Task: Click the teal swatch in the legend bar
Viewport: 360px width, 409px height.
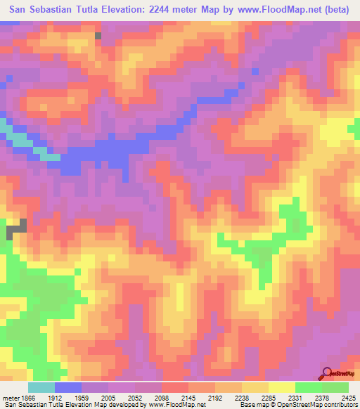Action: pos(41,387)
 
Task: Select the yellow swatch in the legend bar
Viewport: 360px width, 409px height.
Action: pos(282,387)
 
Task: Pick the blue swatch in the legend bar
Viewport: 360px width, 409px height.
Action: pos(68,387)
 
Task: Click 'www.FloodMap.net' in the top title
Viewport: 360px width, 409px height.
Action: pos(271,10)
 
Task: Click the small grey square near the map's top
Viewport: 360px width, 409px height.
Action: pos(98,35)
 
